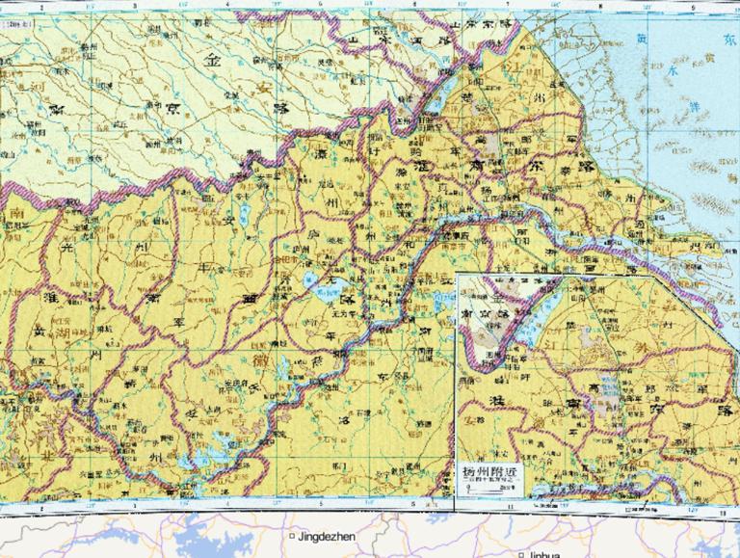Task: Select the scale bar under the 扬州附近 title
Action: (x=489, y=490)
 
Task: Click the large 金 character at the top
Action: (x=211, y=58)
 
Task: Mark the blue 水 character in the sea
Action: (x=672, y=70)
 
